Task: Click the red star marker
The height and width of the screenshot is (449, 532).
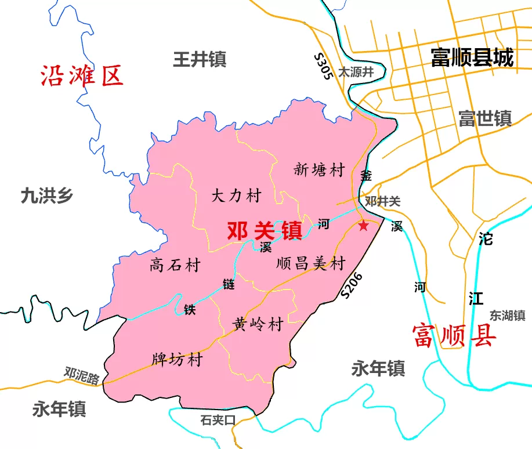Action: tap(363, 225)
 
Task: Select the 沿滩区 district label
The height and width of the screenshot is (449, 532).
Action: tap(82, 76)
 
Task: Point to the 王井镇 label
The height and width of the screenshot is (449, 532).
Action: tap(200, 59)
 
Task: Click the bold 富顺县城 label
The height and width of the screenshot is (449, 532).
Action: tap(472, 57)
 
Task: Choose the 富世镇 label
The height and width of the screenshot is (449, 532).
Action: tap(484, 118)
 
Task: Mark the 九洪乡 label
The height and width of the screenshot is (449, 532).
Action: tap(47, 195)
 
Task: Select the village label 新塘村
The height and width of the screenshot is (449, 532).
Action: tap(319, 170)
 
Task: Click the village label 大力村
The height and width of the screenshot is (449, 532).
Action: tap(236, 195)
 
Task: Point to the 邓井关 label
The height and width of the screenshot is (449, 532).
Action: tap(383, 201)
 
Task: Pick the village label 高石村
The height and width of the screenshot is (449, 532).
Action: tap(175, 265)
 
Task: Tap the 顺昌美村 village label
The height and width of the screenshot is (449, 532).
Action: tap(311, 263)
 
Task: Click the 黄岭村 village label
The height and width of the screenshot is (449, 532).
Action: tap(258, 324)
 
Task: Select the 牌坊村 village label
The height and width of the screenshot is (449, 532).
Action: tap(177, 360)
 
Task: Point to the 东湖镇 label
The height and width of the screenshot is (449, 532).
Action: tap(507, 316)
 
